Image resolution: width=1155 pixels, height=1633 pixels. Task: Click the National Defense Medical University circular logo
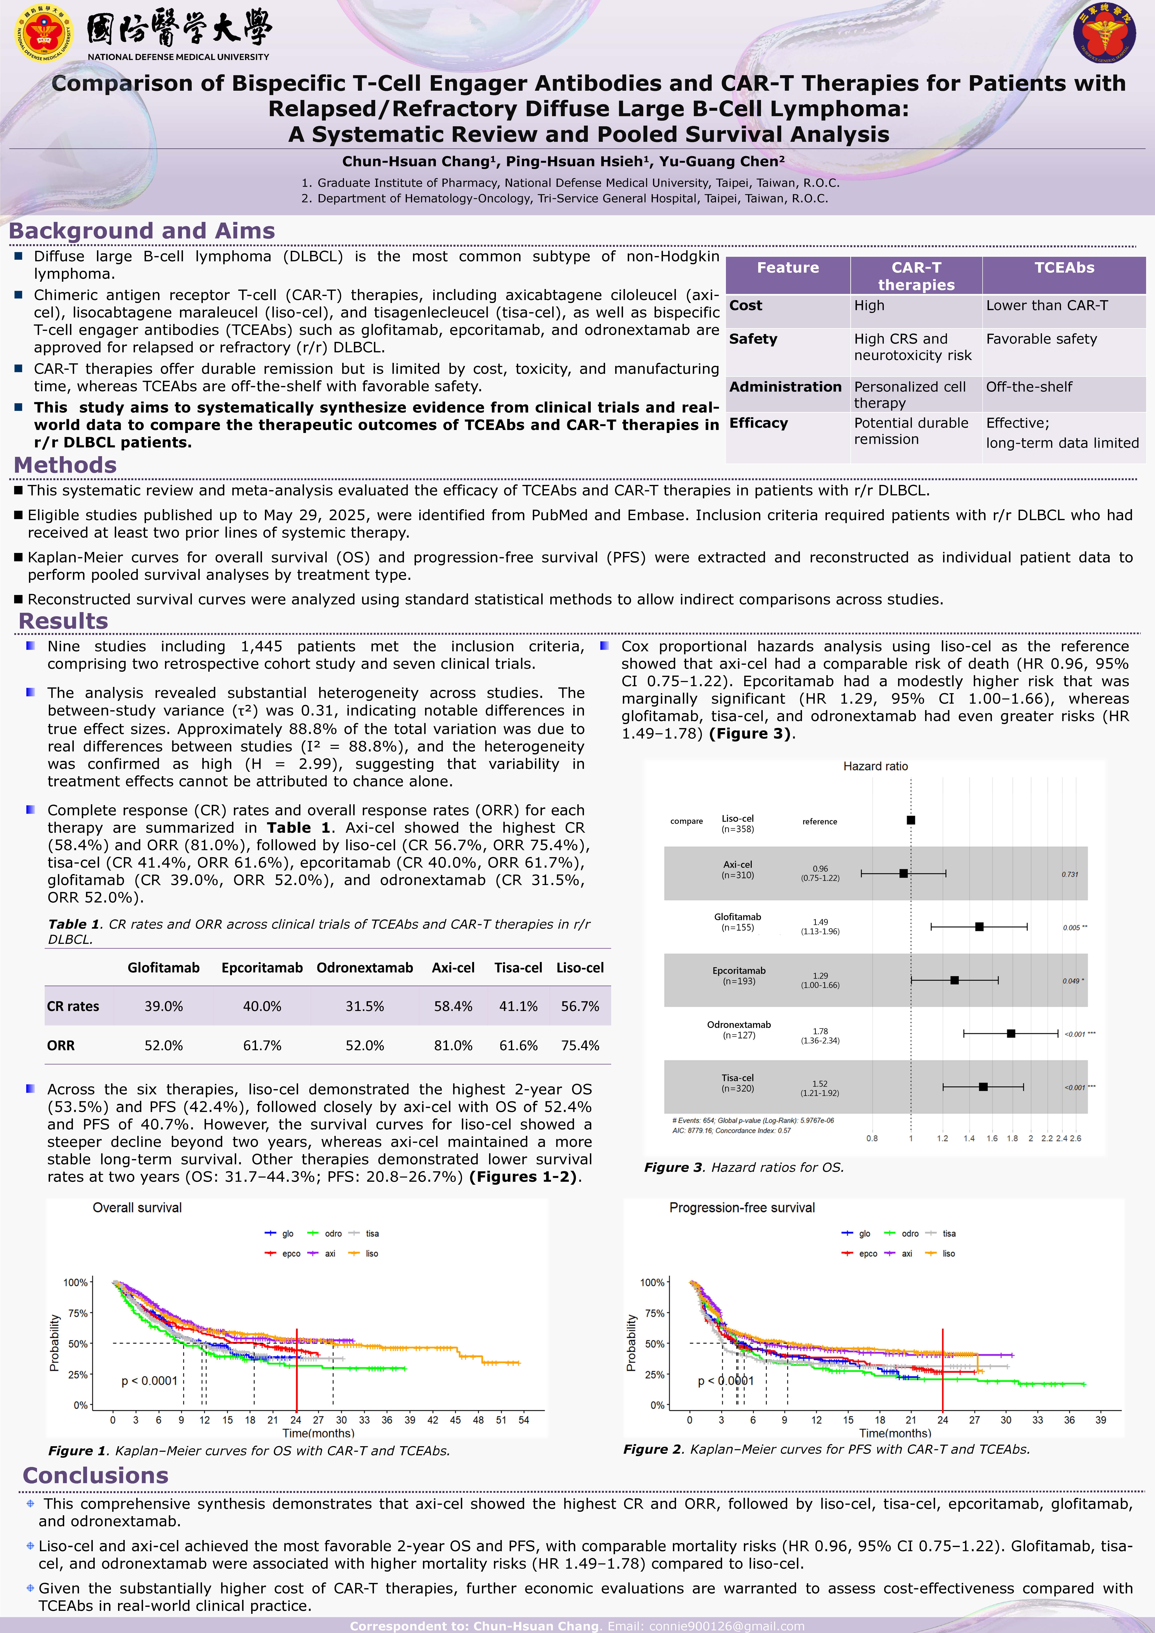[x=44, y=33]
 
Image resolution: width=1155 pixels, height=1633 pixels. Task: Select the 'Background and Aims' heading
[x=141, y=231]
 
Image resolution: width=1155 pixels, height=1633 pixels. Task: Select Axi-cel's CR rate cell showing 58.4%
[x=453, y=1006]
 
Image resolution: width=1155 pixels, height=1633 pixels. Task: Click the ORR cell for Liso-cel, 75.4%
[x=580, y=1046]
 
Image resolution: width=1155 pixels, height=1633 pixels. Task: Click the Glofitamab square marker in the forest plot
[x=979, y=927]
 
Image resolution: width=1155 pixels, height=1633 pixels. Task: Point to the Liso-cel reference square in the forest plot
[x=911, y=820]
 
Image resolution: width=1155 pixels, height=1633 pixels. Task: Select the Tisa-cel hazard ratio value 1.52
[x=820, y=1084]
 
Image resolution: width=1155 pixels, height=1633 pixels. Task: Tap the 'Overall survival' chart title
[x=137, y=1208]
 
